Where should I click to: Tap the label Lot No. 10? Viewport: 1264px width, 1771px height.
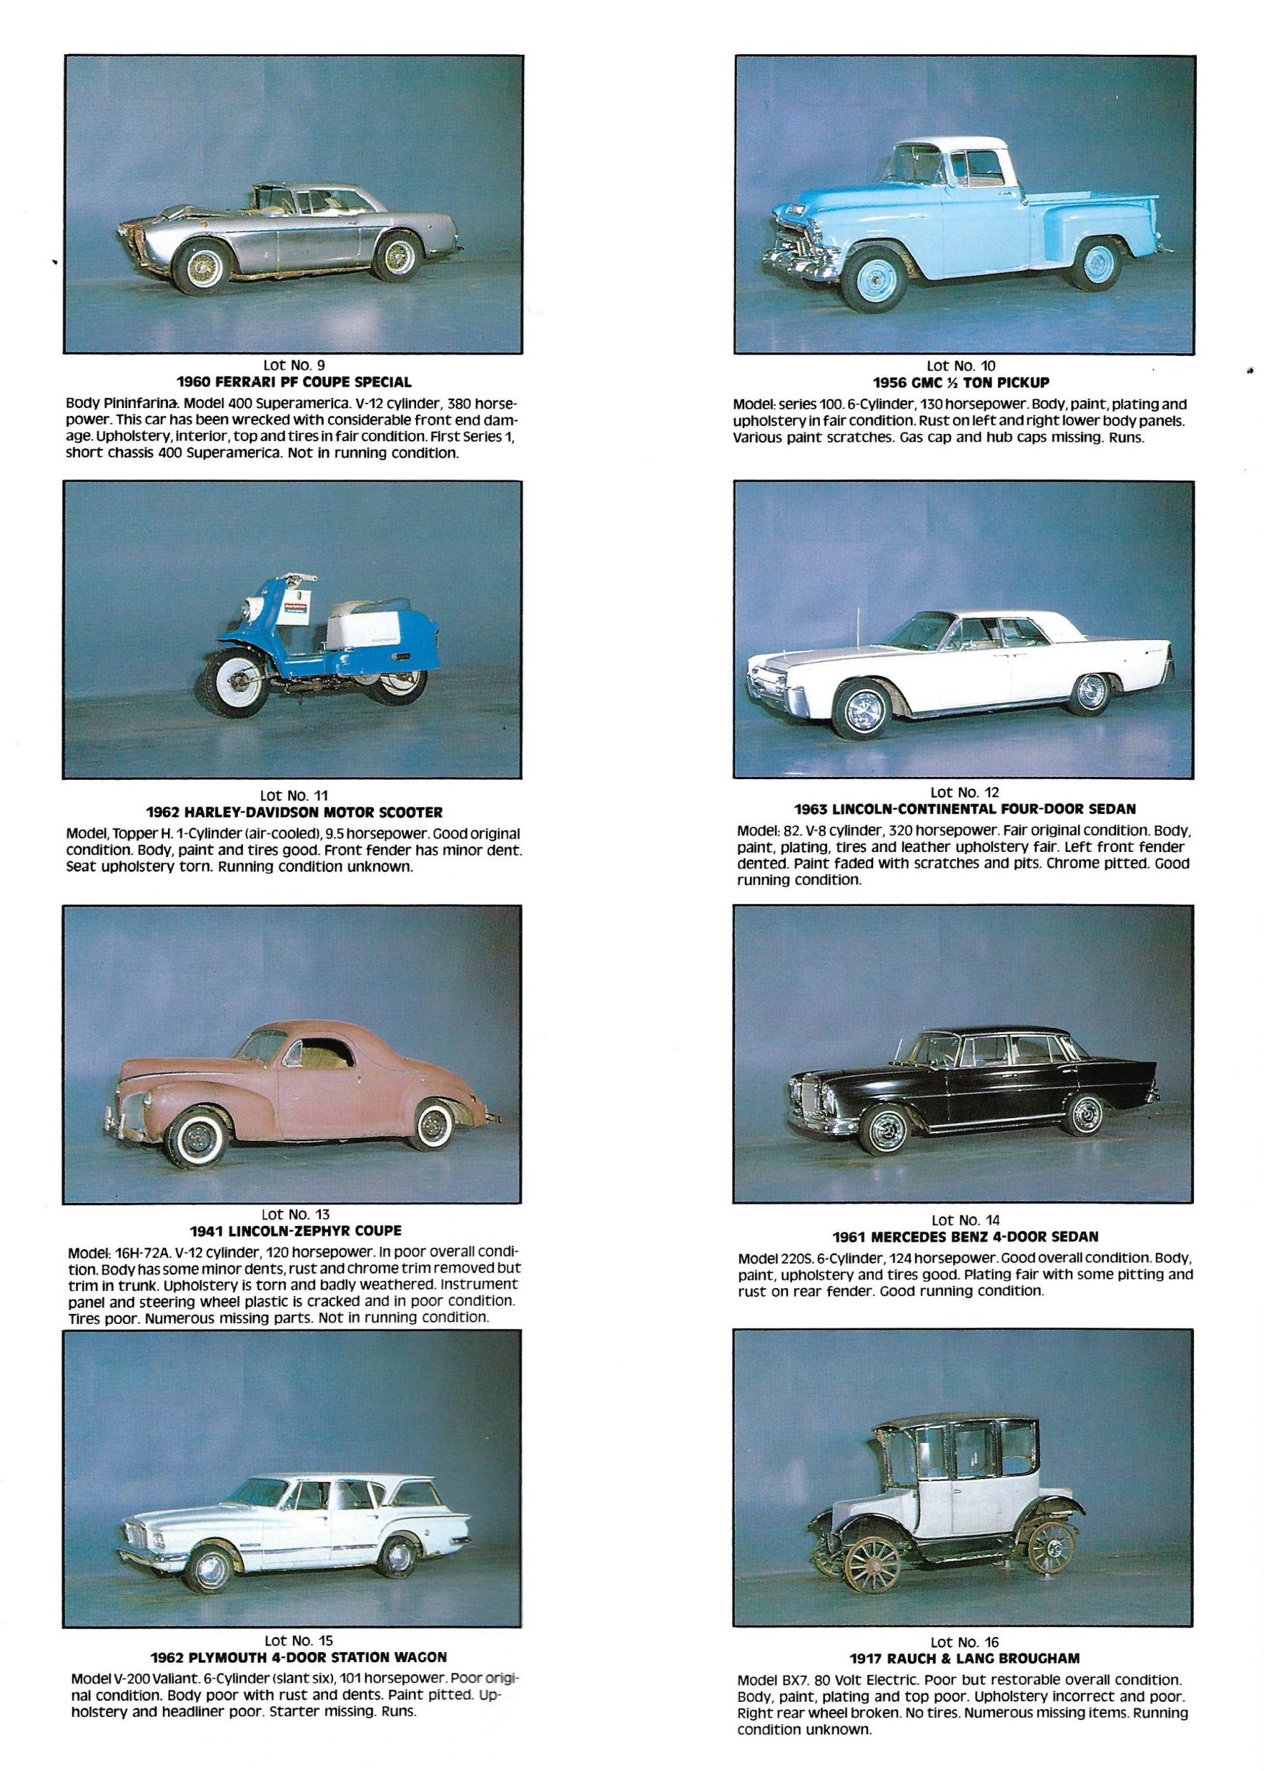tap(960, 365)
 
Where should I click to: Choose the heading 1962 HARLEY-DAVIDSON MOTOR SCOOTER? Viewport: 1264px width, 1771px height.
tap(293, 812)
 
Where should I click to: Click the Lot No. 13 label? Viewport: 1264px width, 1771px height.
tap(293, 1214)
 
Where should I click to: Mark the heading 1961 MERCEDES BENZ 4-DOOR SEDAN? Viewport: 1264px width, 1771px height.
tap(964, 1236)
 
